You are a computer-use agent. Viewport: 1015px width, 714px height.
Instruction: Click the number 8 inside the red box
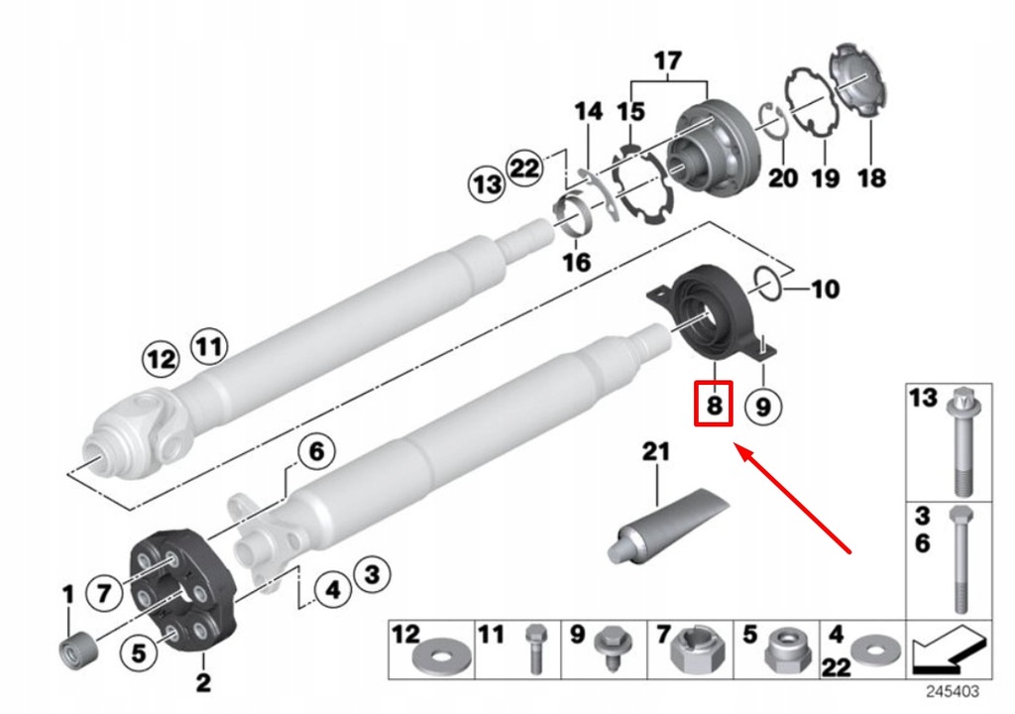point(713,405)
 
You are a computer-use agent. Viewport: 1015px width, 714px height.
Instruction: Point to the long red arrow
point(795,499)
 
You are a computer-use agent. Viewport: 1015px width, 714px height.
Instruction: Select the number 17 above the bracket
point(667,61)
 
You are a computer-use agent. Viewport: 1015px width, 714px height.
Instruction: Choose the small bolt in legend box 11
point(534,651)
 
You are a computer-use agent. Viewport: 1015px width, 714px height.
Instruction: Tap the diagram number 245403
point(953,690)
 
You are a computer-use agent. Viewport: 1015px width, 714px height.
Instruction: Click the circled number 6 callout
point(313,453)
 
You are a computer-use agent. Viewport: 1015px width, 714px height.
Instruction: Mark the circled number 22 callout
point(523,167)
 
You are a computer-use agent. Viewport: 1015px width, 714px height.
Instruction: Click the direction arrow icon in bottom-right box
point(950,650)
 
